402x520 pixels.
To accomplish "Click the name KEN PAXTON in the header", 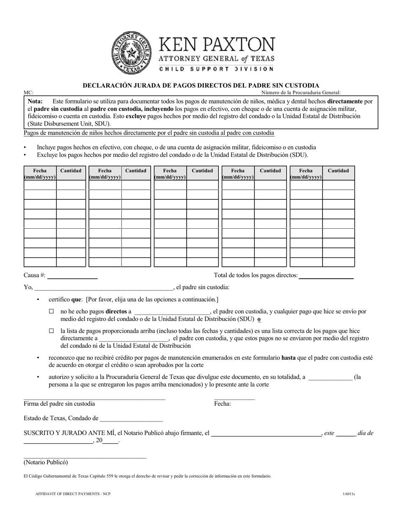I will pyautogui.click(x=216, y=44).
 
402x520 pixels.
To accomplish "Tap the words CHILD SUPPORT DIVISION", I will pyautogui.click(x=216, y=68).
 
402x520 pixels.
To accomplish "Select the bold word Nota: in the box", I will pyautogui.click(x=35, y=101).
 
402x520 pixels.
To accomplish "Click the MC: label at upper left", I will pyautogui.click(x=28, y=93).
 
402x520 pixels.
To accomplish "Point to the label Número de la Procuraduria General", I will pyautogui.click(x=300, y=93).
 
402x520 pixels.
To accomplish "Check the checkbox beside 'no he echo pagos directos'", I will pyautogui.click(x=52, y=312).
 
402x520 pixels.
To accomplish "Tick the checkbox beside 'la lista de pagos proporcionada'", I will pyautogui.click(x=52, y=331).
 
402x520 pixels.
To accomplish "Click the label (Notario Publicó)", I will pyautogui.click(x=46, y=462).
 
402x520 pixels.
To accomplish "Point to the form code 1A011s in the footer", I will pyautogui.click(x=349, y=494).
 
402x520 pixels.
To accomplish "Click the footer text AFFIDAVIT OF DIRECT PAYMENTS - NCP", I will pyautogui.click(x=73, y=494).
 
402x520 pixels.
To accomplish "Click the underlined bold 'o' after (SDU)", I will pyautogui.click(x=259, y=319).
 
